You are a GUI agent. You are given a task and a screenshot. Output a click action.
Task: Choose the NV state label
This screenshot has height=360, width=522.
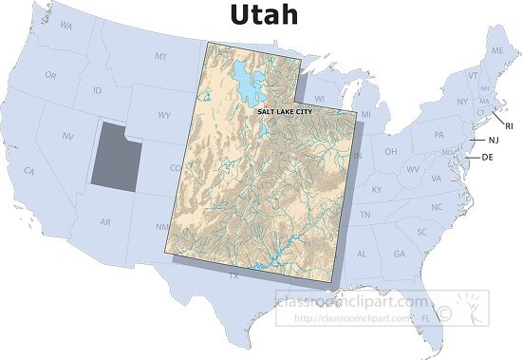click(68, 137)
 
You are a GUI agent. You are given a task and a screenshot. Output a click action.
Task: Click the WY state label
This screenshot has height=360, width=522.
click(164, 115)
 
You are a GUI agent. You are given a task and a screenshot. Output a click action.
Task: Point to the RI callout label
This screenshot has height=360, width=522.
click(508, 125)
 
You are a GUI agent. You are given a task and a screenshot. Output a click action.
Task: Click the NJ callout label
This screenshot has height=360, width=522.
click(493, 141)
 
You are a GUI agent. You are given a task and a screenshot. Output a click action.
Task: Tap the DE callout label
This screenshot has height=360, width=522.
click(488, 157)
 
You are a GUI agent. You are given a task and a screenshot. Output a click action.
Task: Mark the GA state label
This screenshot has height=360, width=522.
click(399, 254)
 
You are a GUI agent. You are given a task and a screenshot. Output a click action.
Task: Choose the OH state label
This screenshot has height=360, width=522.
click(390, 151)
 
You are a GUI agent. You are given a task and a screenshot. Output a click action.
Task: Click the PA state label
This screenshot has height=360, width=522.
click(438, 135)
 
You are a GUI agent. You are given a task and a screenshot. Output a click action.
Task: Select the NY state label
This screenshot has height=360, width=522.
click(461, 102)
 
